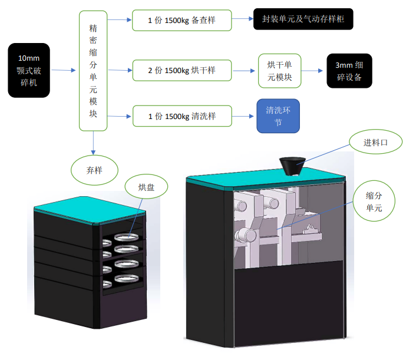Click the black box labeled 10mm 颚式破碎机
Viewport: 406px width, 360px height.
[29, 70]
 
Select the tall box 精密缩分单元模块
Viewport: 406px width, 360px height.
[93, 71]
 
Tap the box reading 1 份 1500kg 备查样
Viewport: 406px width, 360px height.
[181, 21]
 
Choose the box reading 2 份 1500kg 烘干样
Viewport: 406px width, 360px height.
[182, 71]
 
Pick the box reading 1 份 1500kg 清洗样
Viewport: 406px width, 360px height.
[182, 116]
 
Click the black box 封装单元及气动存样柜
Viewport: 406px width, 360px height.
[303, 19]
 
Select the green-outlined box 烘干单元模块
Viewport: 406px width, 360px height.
[280, 71]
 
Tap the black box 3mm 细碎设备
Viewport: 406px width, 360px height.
[349, 71]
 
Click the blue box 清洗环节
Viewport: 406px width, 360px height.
[278, 115]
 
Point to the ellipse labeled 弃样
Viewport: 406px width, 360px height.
[94, 170]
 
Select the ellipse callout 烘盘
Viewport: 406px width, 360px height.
[146, 187]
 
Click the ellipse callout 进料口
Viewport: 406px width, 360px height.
[376, 142]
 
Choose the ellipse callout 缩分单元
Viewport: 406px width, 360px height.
[374, 201]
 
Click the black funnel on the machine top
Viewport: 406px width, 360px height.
[292, 166]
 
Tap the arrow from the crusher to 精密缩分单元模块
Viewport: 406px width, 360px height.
[64, 70]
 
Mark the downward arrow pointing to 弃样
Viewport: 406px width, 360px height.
[93, 143]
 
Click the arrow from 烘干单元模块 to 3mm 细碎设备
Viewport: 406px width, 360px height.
[312, 71]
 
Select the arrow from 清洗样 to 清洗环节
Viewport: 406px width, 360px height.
[243, 116]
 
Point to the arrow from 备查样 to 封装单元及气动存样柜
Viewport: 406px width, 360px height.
[242, 19]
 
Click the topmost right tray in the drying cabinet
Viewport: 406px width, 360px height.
[127, 237]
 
